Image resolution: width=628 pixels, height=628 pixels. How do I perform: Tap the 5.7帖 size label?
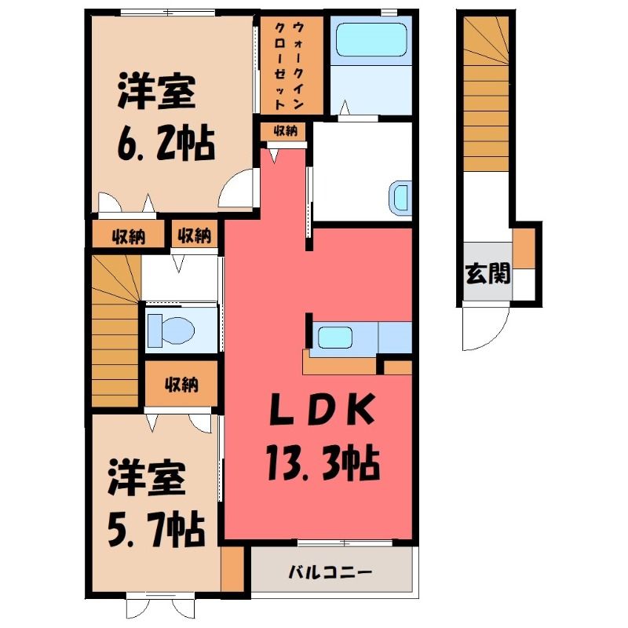[x=156, y=531]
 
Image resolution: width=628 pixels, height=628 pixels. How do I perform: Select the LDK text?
[x=323, y=409]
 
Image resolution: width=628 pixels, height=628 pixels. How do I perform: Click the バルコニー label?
[x=330, y=571]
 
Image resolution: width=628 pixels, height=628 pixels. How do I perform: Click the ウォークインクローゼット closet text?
[x=289, y=66]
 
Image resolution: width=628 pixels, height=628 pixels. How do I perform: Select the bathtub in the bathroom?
[x=371, y=40]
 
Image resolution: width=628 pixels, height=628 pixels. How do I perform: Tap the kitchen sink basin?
[x=335, y=338]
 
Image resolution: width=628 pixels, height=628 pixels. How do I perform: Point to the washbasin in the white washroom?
[x=400, y=199]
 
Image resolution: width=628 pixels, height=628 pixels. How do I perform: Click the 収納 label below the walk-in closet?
[x=285, y=130]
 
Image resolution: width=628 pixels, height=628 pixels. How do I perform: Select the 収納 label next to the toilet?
[x=181, y=385]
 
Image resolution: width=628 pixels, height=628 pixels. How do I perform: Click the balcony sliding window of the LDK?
[x=345, y=543]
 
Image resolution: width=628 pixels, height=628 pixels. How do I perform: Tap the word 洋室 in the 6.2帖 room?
[x=156, y=91]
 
